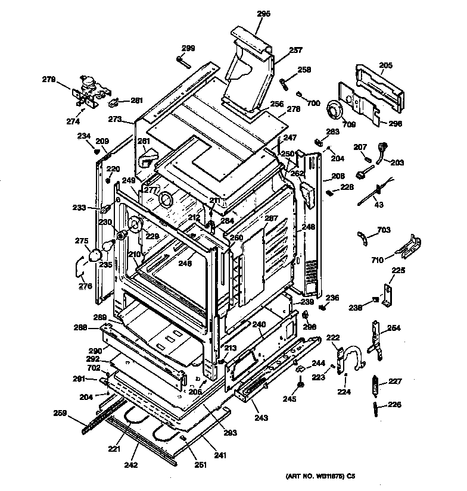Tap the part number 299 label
tap(188, 48)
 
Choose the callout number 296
tap(396, 124)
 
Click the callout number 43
tap(378, 205)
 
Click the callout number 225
tap(397, 271)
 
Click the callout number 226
tap(394, 405)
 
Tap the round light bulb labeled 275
tap(94, 255)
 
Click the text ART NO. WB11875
tap(316, 476)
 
